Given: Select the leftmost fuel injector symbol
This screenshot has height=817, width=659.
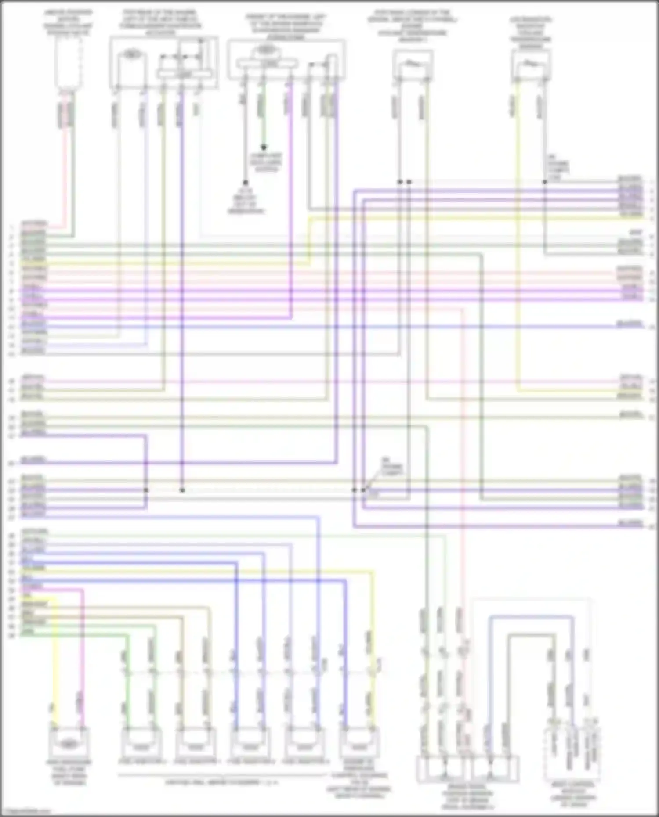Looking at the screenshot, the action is pyautogui.click(x=141, y=744).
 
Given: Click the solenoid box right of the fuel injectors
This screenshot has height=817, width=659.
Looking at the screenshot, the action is pyautogui.click(x=359, y=744).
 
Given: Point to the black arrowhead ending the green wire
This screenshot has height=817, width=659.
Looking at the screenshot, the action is pyautogui.click(x=264, y=148).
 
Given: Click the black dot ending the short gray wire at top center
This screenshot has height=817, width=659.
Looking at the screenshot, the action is pyautogui.click(x=245, y=182).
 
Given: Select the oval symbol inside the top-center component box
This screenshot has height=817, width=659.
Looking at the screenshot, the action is pyautogui.click(x=263, y=50).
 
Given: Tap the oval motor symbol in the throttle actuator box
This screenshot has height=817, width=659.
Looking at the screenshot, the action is pyautogui.click(x=130, y=54).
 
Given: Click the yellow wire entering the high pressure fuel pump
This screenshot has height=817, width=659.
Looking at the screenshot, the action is pyautogui.click(x=54, y=659).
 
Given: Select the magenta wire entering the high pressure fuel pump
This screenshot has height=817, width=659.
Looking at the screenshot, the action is pyautogui.click(x=82, y=659).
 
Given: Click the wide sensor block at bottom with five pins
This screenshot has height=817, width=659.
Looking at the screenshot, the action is pyautogui.click(x=467, y=769).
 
